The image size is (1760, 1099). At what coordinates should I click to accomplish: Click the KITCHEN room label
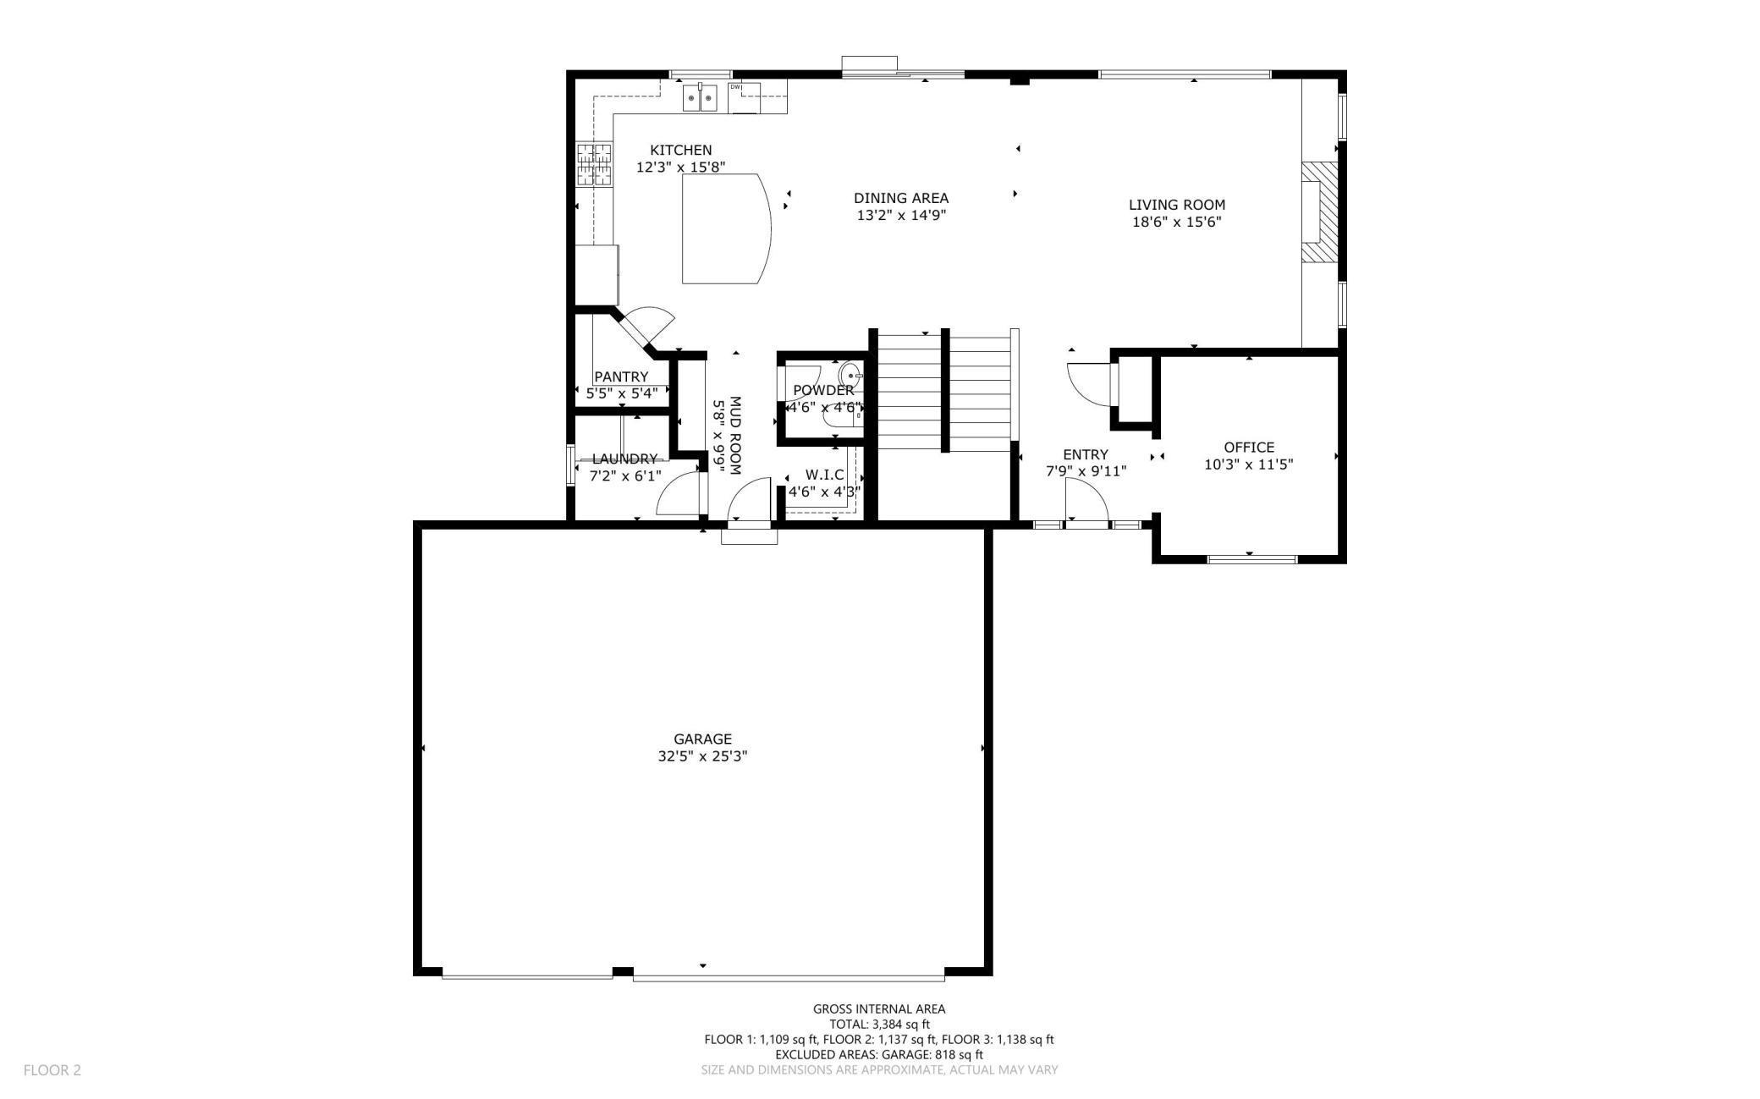coord(680,150)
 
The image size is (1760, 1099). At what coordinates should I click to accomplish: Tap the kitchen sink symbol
coord(701,98)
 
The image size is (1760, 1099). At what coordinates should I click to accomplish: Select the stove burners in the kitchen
coord(594,164)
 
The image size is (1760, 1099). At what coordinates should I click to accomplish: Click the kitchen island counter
coord(726,228)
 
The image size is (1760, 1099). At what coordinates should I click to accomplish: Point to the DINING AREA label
coord(901,198)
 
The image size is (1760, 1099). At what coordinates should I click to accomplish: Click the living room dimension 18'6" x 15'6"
coord(1177,223)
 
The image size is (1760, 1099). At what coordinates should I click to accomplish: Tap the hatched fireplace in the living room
coord(1321,212)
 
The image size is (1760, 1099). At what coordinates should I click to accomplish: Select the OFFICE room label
coord(1249,448)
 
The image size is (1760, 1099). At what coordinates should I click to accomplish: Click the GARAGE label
coord(702,739)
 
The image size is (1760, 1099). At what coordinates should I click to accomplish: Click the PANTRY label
coord(621,376)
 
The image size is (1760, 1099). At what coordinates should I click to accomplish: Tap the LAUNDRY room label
coord(624,459)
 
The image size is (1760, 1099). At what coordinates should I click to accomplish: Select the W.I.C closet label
coord(824,475)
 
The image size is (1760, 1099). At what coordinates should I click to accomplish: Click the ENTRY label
coord(1086,454)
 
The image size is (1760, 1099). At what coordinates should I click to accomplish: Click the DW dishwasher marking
coord(735,87)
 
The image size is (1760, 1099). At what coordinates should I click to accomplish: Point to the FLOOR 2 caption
coord(52,1070)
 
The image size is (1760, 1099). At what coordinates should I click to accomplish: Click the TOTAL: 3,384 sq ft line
coord(879,1025)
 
